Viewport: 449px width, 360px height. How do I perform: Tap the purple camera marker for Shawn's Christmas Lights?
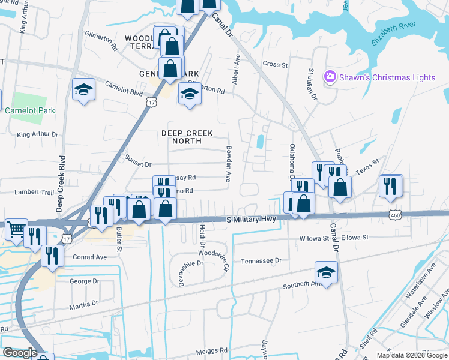pyautogui.click(x=329, y=77)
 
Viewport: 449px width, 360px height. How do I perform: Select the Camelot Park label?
pyautogui.click(x=30, y=110)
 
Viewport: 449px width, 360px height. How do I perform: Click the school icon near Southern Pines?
pyautogui.click(x=326, y=272)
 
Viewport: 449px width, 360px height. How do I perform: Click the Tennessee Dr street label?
pyautogui.click(x=261, y=261)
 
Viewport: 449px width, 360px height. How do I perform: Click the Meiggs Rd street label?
pyautogui.click(x=215, y=350)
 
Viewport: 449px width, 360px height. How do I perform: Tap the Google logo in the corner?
pyautogui.click(x=20, y=353)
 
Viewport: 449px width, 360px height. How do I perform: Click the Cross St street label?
pyautogui.click(x=276, y=64)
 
